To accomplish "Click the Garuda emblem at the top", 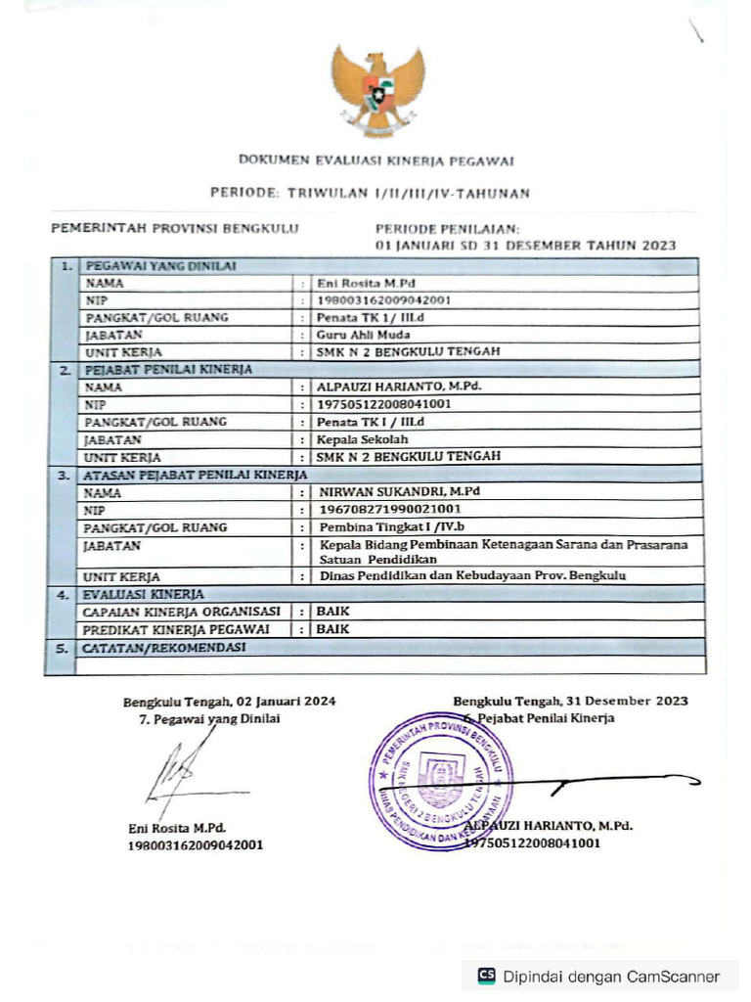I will [x=377, y=90].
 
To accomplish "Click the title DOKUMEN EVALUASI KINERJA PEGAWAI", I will [x=376, y=159].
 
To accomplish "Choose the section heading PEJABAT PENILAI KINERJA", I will [x=168, y=369].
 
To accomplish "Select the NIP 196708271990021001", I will [x=390, y=509].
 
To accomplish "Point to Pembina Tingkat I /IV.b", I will [x=385, y=527].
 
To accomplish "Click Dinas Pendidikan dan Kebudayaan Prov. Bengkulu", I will [x=473, y=576].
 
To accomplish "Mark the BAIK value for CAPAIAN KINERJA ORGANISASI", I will [x=333, y=612].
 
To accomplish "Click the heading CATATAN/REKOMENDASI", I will [x=164, y=647].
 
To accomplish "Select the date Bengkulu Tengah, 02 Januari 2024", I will [x=229, y=701].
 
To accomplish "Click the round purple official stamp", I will [x=441, y=780].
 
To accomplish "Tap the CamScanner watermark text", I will [x=611, y=976].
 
